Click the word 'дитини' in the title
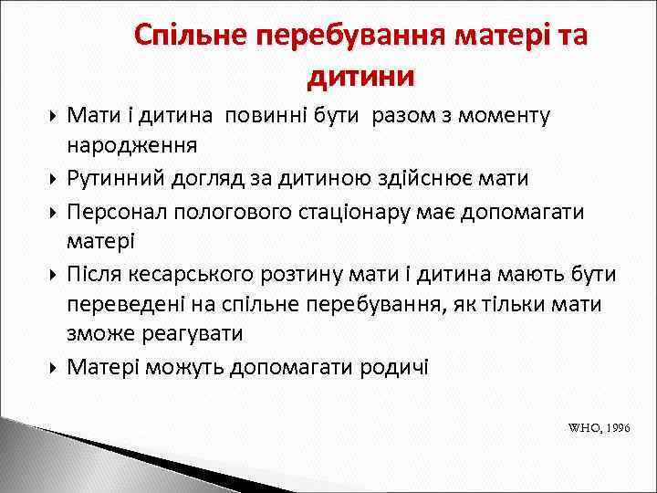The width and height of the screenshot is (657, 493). [x=361, y=76]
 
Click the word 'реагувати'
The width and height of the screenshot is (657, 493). [x=193, y=333]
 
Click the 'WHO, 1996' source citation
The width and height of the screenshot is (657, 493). [x=599, y=426]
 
